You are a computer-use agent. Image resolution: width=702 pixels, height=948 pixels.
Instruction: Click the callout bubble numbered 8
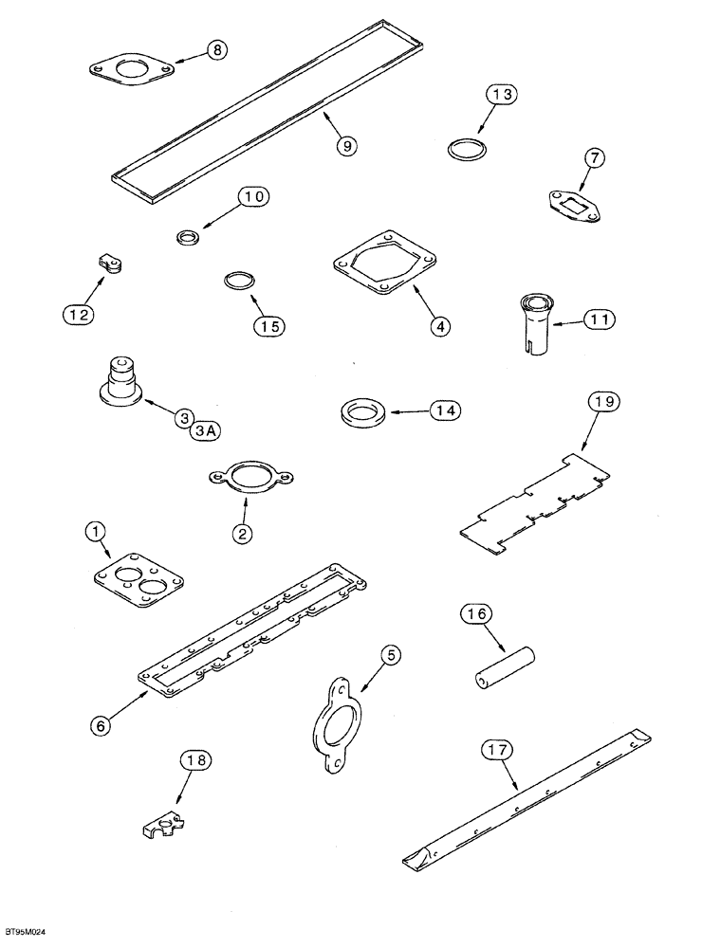click(x=217, y=51)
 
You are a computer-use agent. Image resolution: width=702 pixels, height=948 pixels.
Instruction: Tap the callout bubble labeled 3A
click(x=205, y=431)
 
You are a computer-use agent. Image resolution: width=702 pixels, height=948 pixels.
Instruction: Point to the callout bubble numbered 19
click(x=603, y=404)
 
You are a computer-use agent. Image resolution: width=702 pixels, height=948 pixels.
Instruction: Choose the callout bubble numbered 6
click(x=102, y=724)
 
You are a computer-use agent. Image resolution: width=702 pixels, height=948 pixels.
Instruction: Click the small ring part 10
click(x=187, y=234)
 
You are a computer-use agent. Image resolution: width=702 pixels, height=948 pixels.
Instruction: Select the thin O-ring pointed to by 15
click(x=239, y=282)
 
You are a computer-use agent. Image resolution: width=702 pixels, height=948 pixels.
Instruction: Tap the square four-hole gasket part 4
click(x=386, y=262)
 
